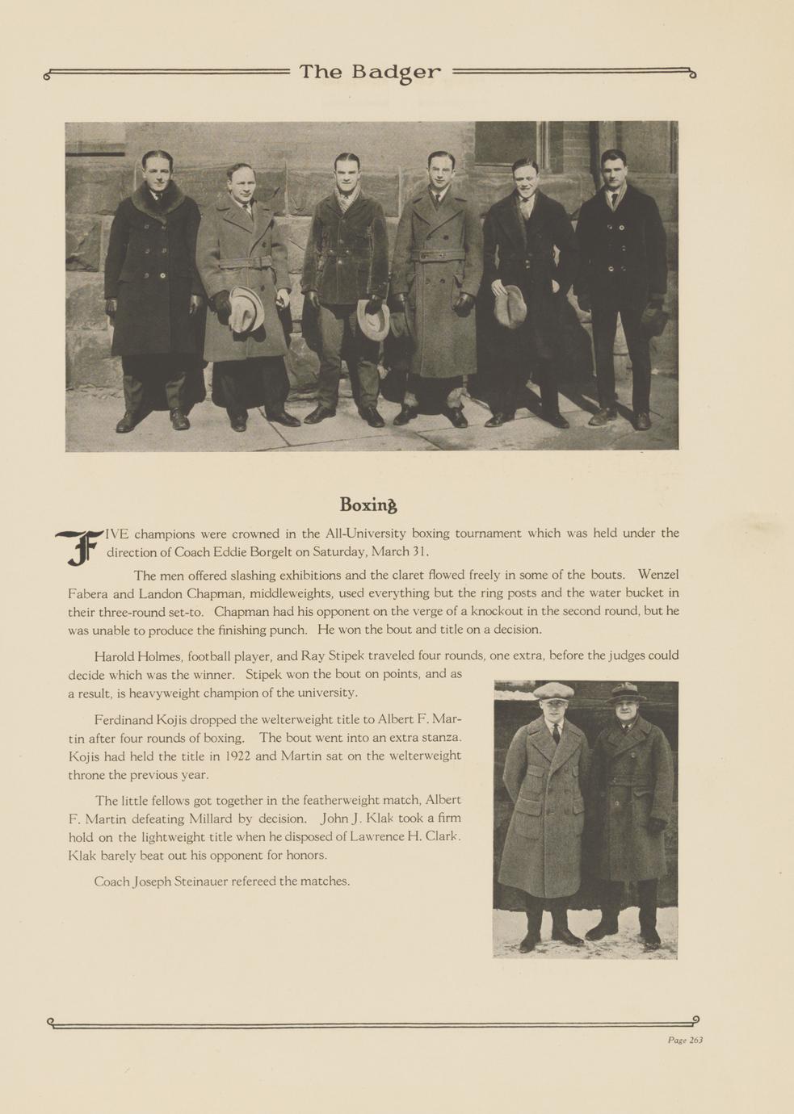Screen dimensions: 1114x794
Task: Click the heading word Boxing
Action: [368, 505]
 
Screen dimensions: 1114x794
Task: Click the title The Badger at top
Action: [370, 73]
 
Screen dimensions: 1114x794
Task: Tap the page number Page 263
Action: [685, 1040]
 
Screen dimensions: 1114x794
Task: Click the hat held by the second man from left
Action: [246, 308]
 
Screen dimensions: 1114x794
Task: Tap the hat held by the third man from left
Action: [373, 320]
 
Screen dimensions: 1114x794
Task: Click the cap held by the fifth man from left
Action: [510, 306]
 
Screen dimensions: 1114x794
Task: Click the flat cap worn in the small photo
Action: [553, 690]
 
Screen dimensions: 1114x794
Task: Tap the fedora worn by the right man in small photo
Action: [626, 692]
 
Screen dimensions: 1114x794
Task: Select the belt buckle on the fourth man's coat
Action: [437, 256]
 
